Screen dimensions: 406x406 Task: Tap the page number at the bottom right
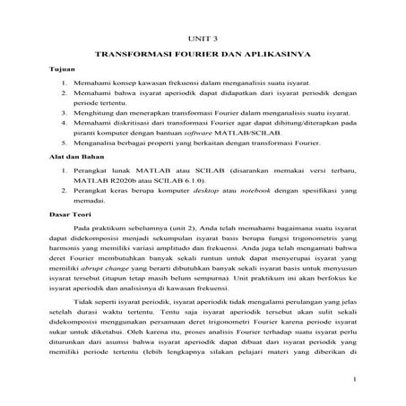click(355, 379)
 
